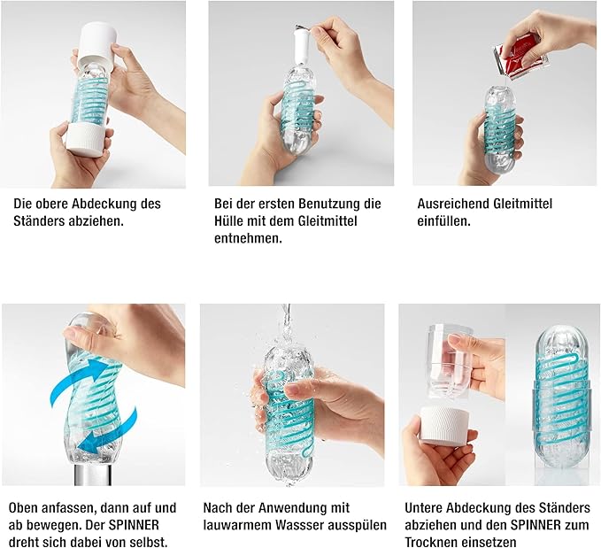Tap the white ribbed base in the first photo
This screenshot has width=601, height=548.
(85, 139)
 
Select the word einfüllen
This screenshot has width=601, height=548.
(443, 221)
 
